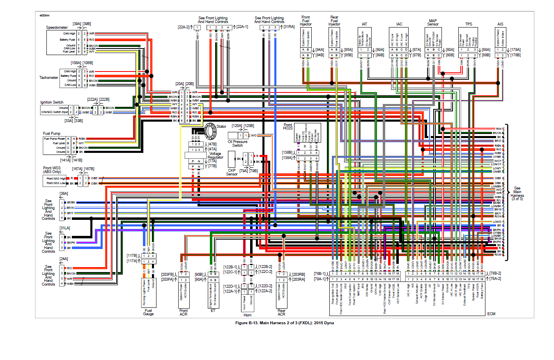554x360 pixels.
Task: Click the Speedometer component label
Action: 57,27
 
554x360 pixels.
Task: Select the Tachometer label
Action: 49,77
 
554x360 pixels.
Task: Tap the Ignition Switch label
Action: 51,102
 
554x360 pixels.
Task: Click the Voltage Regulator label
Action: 215,155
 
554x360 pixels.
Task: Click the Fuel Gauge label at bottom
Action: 149,312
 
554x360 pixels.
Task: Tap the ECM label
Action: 491,314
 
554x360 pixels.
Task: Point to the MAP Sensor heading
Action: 433,22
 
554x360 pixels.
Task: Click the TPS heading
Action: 469,24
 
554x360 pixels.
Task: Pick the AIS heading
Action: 500,24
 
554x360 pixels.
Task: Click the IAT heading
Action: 364,24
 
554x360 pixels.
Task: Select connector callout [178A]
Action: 515,49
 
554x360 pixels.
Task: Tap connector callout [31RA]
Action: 289,27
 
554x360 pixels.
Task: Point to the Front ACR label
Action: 183,313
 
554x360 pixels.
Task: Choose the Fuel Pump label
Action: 51,133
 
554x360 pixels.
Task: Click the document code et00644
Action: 45,16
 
